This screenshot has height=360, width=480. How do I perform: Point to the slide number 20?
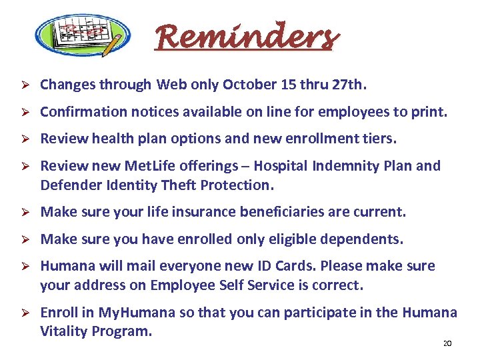click(447, 343)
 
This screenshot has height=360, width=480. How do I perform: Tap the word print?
click(429, 112)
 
